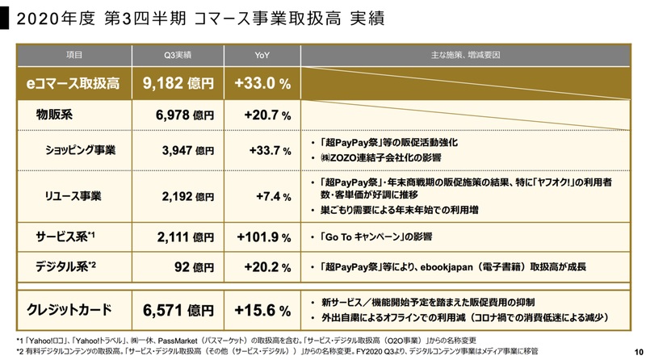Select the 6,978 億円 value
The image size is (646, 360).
tap(184, 116)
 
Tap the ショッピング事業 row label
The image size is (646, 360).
tap(81, 149)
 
